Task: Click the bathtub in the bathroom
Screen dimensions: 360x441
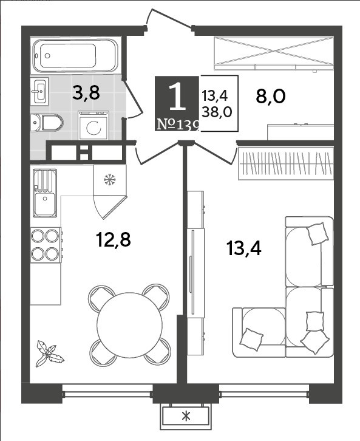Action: click(75, 55)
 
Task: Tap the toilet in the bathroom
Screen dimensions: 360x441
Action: click(47, 123)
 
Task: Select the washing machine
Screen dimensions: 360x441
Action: click(93, 126)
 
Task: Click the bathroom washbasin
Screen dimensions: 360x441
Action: click(39, 91)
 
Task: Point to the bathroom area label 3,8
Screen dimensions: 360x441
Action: click(86, 93)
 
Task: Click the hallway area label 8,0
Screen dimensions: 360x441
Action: click(271, 96)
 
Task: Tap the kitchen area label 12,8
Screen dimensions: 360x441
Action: click(114, 240)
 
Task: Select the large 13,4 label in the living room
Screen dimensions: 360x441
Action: click(244, 248)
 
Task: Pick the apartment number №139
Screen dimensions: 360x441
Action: click(178, 125)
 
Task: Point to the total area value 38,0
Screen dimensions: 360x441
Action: click(217, 112)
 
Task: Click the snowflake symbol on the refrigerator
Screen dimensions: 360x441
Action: click(109, 179)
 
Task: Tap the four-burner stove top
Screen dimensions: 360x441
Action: click(46, 245)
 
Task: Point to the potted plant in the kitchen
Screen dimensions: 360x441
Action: click(49, 354)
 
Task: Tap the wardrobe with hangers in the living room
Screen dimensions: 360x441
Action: click(286, 163)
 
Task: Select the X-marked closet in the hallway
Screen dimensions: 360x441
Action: click(274, 53)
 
